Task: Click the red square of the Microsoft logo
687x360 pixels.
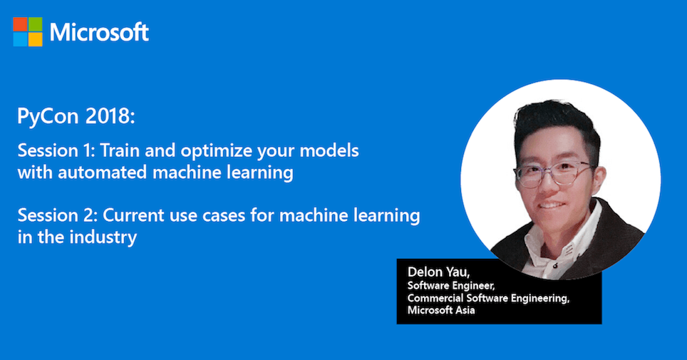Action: [20, 24]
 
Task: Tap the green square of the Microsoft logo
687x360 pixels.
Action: [36, 24]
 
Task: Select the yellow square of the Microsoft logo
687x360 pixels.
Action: [36, 39]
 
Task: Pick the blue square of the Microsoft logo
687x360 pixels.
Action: [20, 39]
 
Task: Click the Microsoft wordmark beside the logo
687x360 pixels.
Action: [100, 32]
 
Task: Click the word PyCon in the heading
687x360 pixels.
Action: [48, 117]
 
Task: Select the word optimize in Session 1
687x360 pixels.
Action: [217, 152]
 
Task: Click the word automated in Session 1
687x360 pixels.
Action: [102, 173]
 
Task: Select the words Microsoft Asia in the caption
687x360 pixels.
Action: [441, 310]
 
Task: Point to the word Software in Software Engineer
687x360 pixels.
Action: [427, 286]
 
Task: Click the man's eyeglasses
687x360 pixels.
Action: [554, 173]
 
